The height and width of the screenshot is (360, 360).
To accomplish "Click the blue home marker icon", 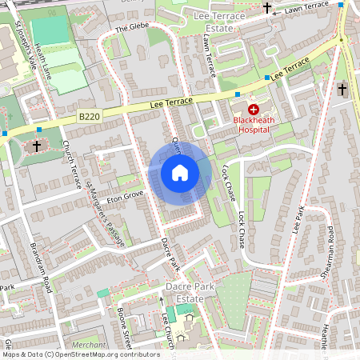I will click(x=180, y=172).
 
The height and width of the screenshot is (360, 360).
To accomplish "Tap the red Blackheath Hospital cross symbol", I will click(x=254, y=109).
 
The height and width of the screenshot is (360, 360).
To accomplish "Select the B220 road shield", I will click(x=89, y=117).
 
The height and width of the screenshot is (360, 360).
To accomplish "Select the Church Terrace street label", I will click(x=72, y=164).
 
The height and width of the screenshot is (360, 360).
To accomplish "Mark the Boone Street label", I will click(x=124, y=325).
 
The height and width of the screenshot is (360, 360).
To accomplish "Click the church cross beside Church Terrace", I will click(x=37, y=146).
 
